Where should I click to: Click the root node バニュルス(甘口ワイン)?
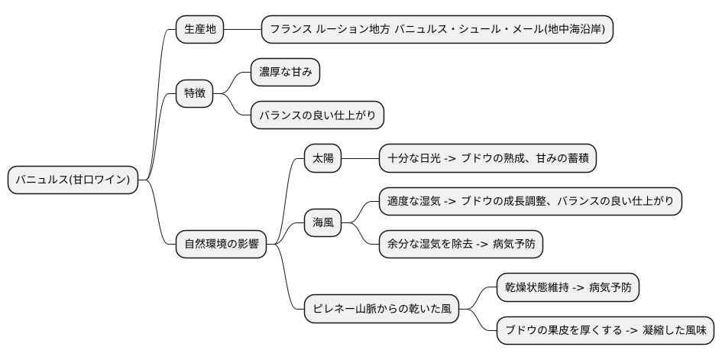(73, 180)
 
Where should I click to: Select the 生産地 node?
(200, 30)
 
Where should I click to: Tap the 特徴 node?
(194, 93)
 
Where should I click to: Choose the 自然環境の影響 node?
(222, 245)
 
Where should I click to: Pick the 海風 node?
(323, 223)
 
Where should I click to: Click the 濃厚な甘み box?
(285, 73)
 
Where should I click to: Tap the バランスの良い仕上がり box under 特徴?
(317, 115)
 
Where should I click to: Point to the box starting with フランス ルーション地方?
(437, 30)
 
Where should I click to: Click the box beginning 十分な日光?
(487, 159)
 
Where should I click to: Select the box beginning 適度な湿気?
(530, 202)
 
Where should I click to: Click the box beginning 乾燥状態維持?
(568, 288)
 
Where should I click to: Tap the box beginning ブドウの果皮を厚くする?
(606, 331)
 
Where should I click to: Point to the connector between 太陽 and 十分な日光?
(361, 159)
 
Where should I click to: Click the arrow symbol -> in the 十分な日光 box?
(449, 159)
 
